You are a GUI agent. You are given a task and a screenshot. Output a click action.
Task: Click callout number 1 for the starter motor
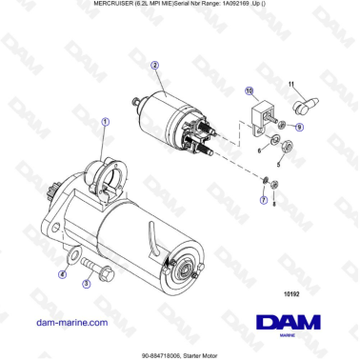(x=106, y=122)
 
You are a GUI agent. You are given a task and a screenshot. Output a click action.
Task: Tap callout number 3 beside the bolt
(x=86, y=282)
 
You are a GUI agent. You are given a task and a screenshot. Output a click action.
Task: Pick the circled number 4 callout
(x=62, y=273)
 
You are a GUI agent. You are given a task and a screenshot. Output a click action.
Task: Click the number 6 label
(x=257, y=150)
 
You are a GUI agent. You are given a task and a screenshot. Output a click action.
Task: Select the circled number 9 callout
(x=299, y=126)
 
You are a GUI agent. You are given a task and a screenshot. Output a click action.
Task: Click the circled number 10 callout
(x=250, y=91)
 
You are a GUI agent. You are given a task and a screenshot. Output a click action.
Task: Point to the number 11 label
(x=291, y=86)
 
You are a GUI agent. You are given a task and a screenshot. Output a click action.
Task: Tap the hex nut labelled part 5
(x=287, y=146)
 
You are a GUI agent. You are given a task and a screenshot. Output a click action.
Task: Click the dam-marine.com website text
(x=70, y=322)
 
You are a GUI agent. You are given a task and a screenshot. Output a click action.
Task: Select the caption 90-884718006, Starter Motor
(x=180, y=353)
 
